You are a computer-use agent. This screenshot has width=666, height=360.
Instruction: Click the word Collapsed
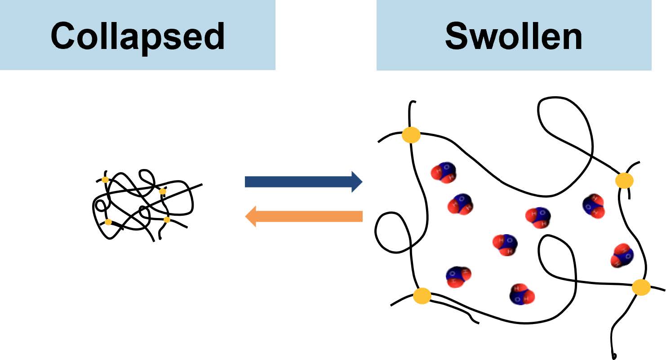coord(137,36)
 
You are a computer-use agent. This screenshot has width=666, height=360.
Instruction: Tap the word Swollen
coord(513,36)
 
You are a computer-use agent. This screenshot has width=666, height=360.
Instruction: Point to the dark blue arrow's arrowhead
coord(357,182)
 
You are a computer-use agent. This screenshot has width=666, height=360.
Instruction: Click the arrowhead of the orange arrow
coord(250,217)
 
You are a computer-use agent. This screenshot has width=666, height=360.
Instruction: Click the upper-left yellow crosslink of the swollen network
coord(411,135)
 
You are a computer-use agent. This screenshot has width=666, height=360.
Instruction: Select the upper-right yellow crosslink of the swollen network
coord(624,181)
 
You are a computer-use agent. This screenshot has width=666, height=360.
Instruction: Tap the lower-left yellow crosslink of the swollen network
coord(422,296)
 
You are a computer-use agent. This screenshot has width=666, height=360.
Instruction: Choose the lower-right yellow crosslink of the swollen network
coord(641,287)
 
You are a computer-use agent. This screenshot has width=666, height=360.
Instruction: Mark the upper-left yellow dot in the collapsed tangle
coord(105,179)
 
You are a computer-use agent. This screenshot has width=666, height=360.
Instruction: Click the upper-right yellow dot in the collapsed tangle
coord(163,191)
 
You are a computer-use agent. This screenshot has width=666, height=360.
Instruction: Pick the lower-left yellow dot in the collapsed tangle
coord(108,222)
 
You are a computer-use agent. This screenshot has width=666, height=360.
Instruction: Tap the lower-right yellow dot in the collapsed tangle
coord(167,219)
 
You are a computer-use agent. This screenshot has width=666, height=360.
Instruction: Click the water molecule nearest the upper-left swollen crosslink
coord(443,173)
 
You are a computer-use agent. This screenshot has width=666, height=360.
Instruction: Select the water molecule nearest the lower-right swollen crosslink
coord(622,256)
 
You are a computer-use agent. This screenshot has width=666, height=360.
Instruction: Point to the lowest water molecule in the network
coord(522,295)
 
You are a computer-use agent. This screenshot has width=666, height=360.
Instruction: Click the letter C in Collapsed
coord(63,36)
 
